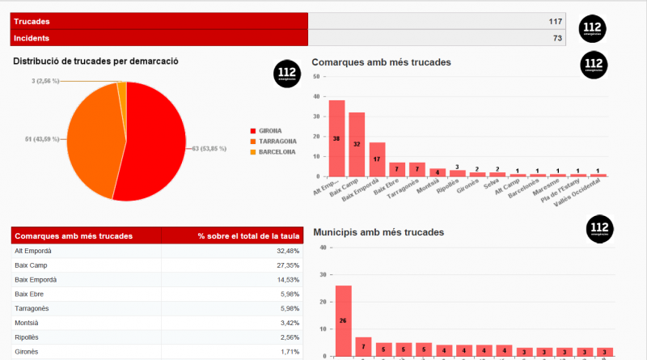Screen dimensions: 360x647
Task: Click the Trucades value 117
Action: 555,21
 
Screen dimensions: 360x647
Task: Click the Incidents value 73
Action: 557,38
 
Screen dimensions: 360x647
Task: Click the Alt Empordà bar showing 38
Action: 336,138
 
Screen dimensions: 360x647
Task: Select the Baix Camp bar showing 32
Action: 357,144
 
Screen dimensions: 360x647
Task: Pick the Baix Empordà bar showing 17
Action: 377,159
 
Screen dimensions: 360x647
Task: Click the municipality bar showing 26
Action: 343,320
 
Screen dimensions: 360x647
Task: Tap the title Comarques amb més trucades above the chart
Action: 381,62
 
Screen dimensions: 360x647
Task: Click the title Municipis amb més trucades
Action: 378,232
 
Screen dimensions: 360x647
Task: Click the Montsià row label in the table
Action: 27,323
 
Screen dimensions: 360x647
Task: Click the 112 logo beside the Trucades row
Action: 593,29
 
